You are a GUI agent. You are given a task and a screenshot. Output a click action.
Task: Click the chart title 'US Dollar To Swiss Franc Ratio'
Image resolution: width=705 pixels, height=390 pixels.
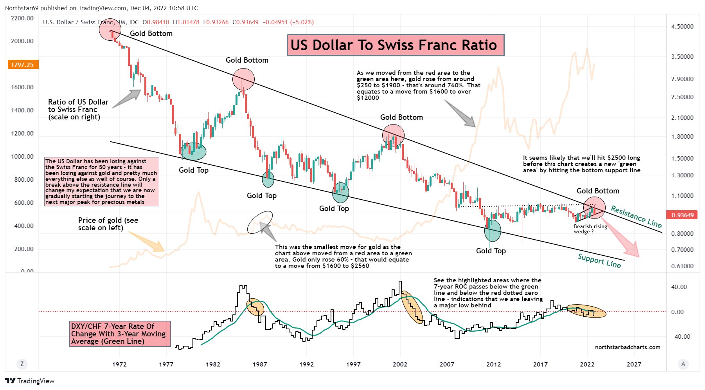395,45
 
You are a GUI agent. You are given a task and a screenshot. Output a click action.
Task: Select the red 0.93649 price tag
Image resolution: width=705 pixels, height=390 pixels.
682,215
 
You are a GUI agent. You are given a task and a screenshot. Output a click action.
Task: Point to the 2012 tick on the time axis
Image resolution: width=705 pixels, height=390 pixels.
493,364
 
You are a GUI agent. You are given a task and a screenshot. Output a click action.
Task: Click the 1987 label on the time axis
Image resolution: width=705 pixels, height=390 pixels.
259,364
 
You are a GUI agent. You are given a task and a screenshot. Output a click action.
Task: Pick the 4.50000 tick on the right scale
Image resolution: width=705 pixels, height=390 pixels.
682,27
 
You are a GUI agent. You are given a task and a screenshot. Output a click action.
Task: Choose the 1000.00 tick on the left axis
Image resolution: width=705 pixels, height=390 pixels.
22,157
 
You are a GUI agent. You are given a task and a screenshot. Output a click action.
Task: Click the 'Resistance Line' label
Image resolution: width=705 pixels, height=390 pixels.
636,217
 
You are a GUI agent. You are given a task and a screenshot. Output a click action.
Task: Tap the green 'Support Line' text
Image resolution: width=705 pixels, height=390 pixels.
599,260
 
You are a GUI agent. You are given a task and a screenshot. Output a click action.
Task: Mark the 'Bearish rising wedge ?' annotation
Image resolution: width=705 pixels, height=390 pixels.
590,229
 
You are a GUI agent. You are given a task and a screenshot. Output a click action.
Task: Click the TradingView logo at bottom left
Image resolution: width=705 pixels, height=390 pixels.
30,381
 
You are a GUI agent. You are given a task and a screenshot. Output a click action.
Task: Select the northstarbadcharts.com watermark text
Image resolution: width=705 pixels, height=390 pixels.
627,347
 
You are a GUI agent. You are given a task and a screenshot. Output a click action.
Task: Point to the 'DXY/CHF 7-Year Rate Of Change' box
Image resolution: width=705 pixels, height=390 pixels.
120,334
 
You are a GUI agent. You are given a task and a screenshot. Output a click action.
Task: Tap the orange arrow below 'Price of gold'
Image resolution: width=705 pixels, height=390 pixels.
147,242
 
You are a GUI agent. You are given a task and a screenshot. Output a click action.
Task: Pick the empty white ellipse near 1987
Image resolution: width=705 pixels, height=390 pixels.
260,222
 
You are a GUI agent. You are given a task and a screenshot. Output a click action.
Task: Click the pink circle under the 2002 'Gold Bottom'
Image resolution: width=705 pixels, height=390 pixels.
393,135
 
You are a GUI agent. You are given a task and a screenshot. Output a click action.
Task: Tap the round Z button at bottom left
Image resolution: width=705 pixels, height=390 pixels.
22,364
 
